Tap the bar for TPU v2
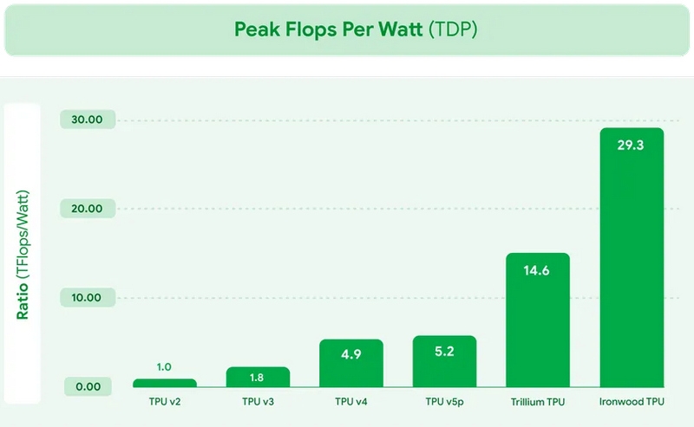point(164,383)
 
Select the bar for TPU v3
point(258,377)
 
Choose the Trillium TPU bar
point(538,320)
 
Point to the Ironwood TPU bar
point(632,260)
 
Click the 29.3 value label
point(631,146)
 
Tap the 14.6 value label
point(538,270)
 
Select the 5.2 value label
point(445,352)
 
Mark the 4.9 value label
point(351,355)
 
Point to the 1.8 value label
point(258,378)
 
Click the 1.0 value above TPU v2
point(164,367)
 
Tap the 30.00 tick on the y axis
point(88,120)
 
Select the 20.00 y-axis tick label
point(88,209)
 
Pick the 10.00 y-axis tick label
point(88,298)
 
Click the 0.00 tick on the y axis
point(88,386)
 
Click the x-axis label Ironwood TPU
point(632,403)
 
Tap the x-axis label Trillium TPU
point(538,403)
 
